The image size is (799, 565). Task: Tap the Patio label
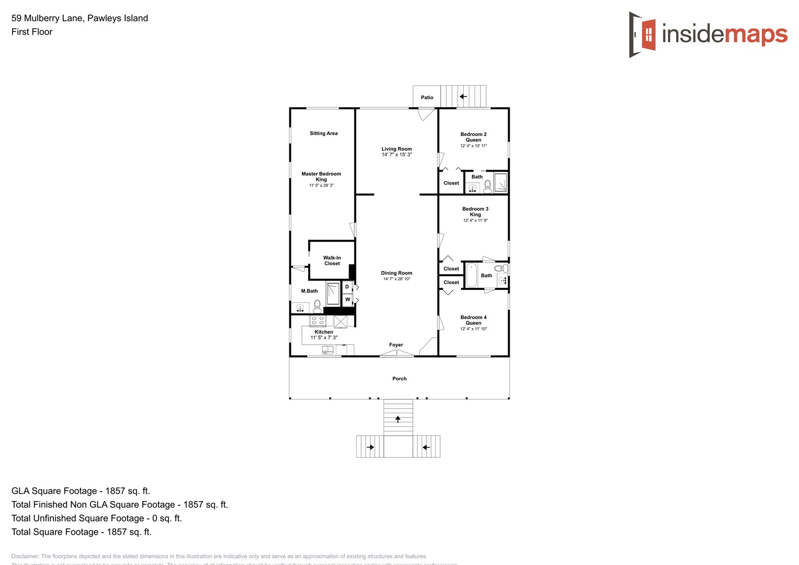coord(427,97)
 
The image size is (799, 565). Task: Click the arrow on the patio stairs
coord(463,97)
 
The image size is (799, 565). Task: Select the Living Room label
coord(397,149)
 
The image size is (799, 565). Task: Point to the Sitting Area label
coord(323,133)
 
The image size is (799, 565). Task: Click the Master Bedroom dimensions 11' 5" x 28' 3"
coord(321,185)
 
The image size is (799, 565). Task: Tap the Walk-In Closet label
coord(332,261)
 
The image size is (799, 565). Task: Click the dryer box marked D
coord(347,287)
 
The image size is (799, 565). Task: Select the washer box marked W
coord(347,300)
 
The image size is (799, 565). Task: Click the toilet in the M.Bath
coord(317,307)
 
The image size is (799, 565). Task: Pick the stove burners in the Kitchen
coord(318,321)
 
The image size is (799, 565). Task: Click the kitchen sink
coord(328,350)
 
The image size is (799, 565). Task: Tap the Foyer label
coord(396,345)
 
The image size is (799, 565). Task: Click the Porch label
coord(399,379)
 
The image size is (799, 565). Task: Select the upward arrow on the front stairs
coord(398,419)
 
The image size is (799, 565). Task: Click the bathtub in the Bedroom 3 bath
coord(471,276)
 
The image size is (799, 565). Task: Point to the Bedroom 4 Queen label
coord(474,320)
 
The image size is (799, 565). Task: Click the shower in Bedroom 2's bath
coord(501,183)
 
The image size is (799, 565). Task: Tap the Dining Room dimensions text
coord(397,279)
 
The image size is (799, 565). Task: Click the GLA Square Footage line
coord(81,491)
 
